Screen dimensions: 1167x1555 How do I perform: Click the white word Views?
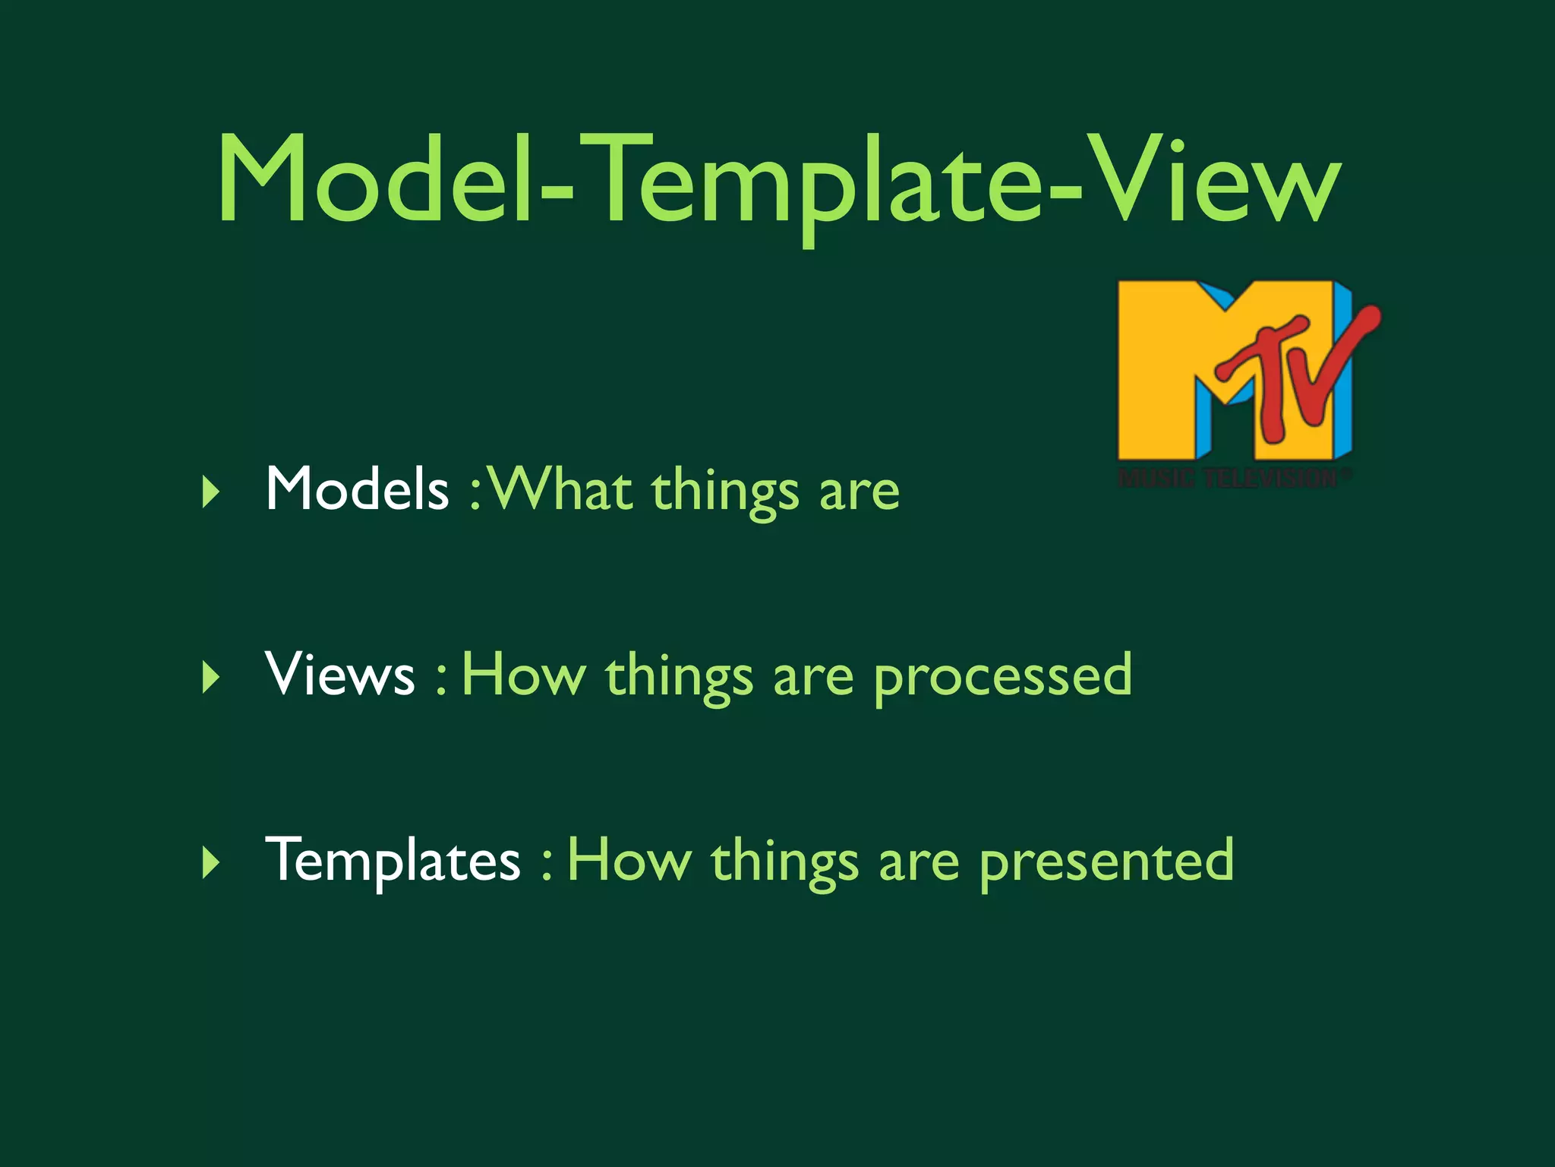tap(340, 674)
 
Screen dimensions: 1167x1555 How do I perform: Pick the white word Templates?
tap(393, 861)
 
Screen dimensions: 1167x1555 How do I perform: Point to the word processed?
tap(1002, 676)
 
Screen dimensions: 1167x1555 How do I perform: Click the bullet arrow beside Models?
tap(211, 492)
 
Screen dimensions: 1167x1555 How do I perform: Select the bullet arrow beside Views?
tap(211, 677)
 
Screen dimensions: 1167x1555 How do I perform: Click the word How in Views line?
tap(524, 674)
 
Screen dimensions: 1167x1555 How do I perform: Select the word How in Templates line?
tap(629, 861)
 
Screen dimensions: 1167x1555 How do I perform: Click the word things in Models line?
tap(725, 492)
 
